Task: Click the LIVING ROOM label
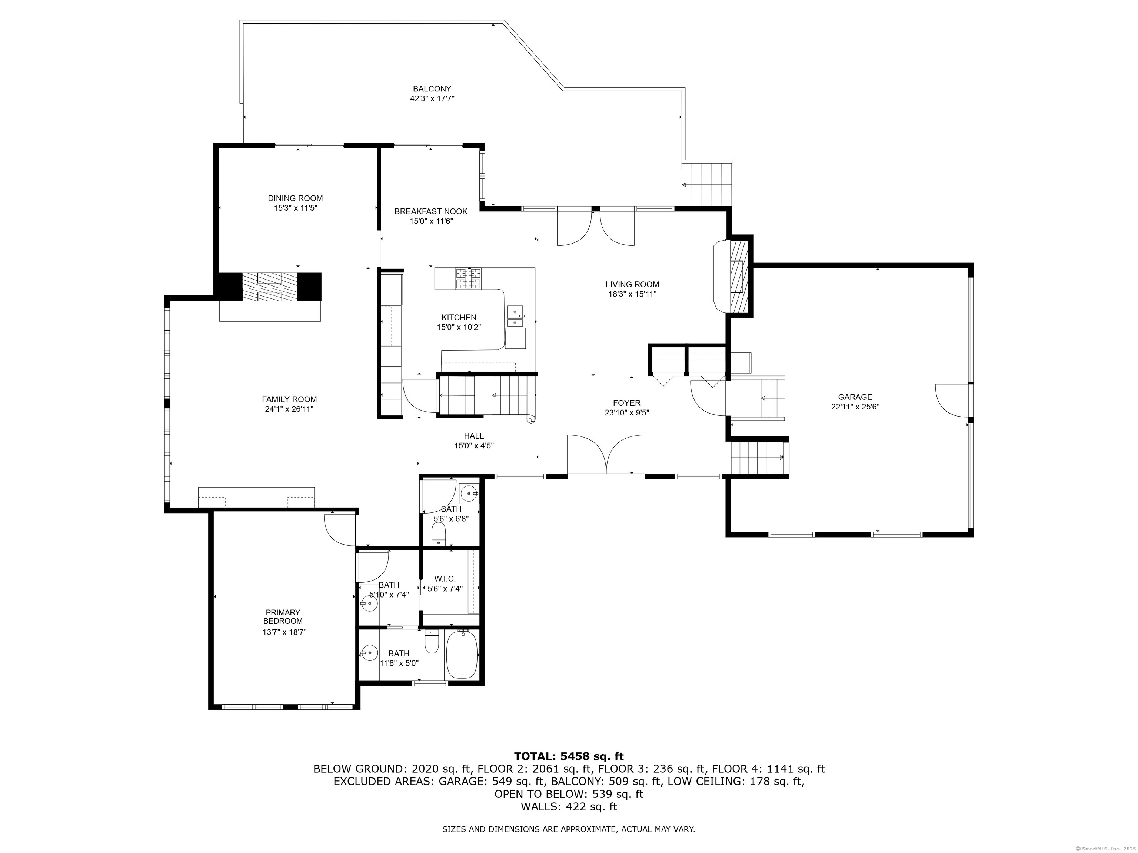coord(632,284)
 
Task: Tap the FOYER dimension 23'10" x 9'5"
coord(627,412)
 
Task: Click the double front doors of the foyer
coord(606,455)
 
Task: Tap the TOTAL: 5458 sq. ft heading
coord(569,756)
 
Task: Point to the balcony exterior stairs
coord(706,184)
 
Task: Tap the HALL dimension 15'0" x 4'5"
coord(474,446)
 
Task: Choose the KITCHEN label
coord(459,317)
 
